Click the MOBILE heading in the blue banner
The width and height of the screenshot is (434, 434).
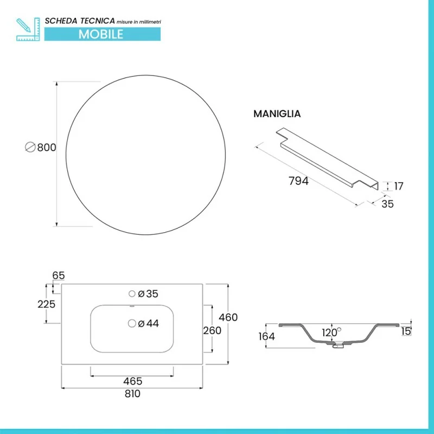(x=101, y=34)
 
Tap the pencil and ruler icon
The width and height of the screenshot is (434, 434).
(x=28, y=29)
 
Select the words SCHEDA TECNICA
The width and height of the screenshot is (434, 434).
(x=80, y=21)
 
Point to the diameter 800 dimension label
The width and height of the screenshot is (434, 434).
(x=41, y=147)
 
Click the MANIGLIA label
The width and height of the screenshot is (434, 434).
(x=277, y=114)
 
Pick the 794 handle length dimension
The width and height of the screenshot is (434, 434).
(x=298, y=181)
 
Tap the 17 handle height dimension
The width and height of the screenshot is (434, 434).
(x=399, y=186)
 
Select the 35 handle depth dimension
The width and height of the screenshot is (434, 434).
(x=387, y=204)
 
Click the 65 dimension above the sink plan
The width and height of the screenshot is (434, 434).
(x=59, y=276)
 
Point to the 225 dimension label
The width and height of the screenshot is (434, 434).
(x=47, y=304)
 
